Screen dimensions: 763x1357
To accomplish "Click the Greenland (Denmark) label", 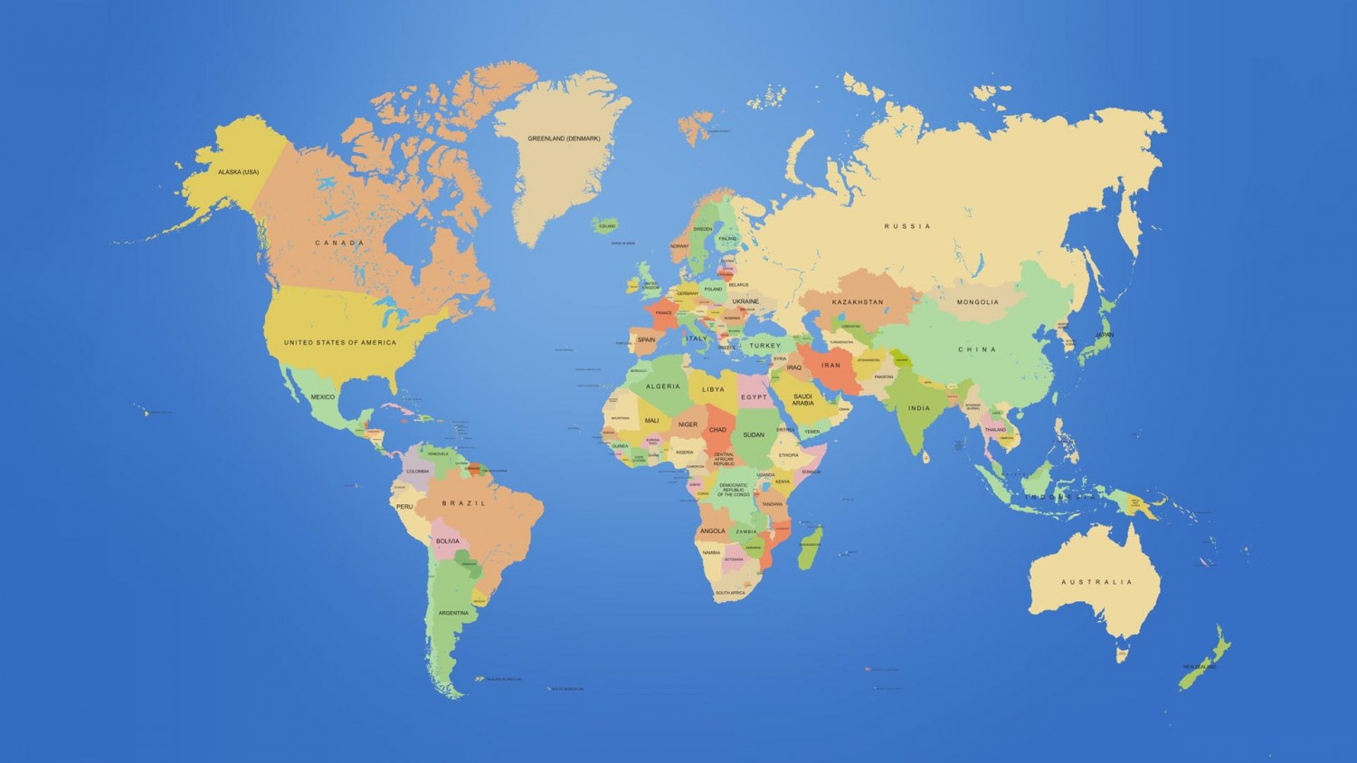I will (x=564, y=138).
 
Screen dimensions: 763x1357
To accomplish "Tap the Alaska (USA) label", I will (x=238, y=172).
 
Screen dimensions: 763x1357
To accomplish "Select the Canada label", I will (x=339, y=243).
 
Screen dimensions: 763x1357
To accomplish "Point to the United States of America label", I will (x=340, y=342).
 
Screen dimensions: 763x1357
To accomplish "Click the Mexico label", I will (x=323, y=396).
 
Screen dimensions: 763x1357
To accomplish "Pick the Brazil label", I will (x=464, y=503).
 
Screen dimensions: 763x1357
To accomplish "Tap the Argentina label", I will (x=453, y=613).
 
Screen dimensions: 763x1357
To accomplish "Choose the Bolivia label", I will (x=448, y=541).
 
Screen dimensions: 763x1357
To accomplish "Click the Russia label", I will (x=907, y=226).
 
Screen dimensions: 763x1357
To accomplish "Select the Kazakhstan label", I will (x=858, y=301).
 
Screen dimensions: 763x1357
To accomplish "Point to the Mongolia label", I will (x=978, y=302).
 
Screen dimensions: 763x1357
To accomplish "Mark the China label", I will (x=977, y=349).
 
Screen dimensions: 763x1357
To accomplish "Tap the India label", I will (x=919, y=408).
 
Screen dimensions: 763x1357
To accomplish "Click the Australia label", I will (x=1096, y=582).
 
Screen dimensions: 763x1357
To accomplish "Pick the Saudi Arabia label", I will (x=802, y=399).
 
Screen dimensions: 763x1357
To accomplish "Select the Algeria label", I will (x=662, y=386).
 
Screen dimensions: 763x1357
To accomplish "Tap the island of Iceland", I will (x=606, y=224).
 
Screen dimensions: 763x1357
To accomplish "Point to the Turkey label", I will (x=764, y=346).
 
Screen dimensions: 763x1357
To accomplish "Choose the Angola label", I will (x=712, y=531).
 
